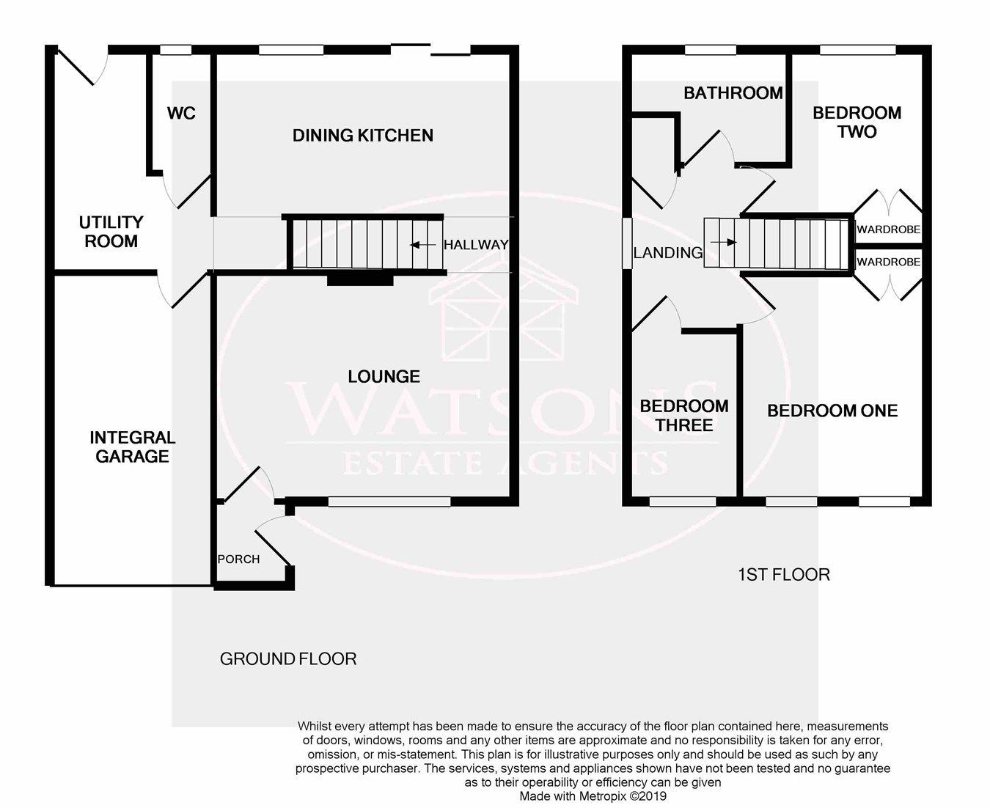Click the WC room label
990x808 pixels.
click(x=181, y=114)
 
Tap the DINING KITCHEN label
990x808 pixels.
click(x=363, y=136)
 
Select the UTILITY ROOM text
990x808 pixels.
click(x=111, y=232)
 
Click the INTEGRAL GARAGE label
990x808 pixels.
click(x=132, y=447)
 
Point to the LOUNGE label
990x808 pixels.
click(x=384, y=377)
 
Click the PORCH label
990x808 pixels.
click(x=238, y=559)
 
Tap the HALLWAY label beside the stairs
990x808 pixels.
click(x=475, y=246)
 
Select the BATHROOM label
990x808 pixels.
click(x=733, y=93)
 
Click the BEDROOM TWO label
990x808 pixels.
click(x=857, y=122)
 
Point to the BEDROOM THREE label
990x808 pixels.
click(x=683, y=416)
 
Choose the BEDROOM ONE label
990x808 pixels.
click(x=832, y=411)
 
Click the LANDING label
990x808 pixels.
click(x=667, y=253)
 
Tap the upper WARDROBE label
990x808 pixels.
click(x=888, y=229)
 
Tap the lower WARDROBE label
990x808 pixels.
click(x=888, y=262)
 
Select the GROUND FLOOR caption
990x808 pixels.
click(x=288, y=659)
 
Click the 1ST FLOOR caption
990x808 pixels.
click(x=783, y=575)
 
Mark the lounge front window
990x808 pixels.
click(x=389, y=502)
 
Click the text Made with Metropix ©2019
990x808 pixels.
click(x=593, y=796)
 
